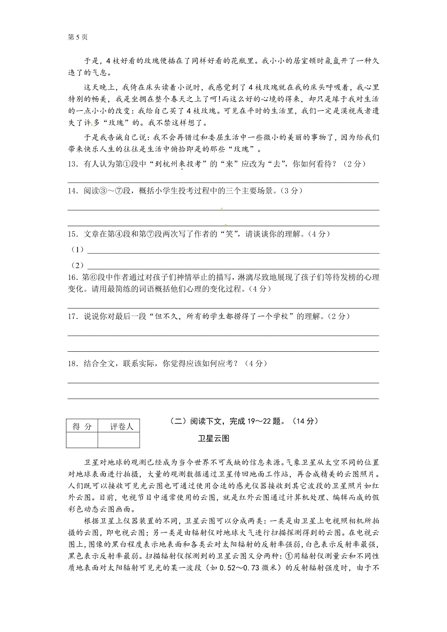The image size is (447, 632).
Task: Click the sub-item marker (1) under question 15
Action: [77, 250]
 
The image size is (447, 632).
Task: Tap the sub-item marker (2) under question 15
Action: [77, 265]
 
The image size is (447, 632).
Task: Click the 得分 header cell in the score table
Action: [82, 427]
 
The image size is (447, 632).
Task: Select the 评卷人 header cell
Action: [119, 427]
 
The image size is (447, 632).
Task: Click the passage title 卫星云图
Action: [213, 438]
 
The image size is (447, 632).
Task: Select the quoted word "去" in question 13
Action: [276, 164]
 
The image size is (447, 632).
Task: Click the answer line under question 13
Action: [223, 182]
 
